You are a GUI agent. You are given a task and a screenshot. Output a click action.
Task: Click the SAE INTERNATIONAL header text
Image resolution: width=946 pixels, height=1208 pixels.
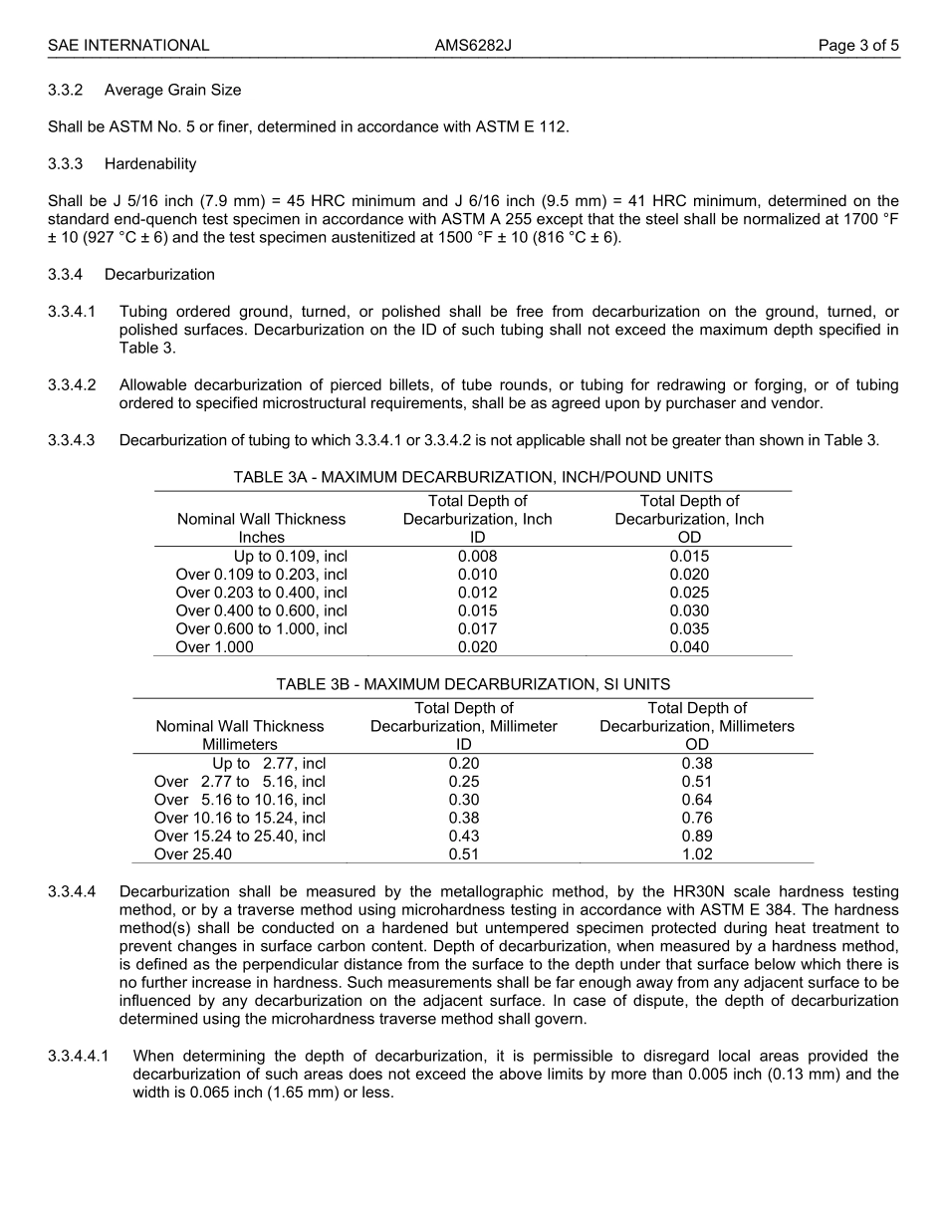(128, 46)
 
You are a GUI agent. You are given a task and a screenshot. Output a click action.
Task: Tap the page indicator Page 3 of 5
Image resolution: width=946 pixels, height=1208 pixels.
(858, 46)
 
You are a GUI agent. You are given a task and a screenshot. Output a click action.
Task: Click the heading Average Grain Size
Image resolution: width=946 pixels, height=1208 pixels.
(172, 90)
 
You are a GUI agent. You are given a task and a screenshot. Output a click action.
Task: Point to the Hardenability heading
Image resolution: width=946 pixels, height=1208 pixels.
(150, 163)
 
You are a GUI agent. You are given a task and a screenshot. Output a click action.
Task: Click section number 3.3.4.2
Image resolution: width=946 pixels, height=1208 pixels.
(72, 384)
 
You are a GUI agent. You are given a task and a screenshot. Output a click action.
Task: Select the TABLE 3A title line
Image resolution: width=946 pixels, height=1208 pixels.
(473, 477)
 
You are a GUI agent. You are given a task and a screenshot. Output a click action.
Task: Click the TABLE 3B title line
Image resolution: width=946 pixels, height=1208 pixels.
(473, 684)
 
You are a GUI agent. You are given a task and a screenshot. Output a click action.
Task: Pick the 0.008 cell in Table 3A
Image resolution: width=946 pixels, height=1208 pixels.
(477, 556)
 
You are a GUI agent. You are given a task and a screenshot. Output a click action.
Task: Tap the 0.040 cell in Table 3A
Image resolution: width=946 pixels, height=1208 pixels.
(689, 647)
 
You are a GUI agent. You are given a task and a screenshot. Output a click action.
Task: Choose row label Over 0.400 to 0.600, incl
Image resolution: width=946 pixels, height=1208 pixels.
(261, 610)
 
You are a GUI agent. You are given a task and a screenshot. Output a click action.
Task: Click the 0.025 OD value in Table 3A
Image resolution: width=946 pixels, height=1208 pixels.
(689, 593)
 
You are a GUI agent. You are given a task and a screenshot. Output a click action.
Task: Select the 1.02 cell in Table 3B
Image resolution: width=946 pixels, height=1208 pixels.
(697, 854)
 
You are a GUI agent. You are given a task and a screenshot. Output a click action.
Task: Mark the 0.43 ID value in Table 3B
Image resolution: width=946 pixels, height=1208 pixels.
(463, 836)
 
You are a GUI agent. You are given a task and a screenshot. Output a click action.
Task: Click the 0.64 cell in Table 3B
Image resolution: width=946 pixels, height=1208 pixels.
(697, 800)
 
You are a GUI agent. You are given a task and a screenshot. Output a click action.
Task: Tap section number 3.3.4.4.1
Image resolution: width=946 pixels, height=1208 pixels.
(79, 1056)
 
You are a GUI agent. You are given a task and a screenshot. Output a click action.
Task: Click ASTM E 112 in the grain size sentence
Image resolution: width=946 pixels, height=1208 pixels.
(528, 126)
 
